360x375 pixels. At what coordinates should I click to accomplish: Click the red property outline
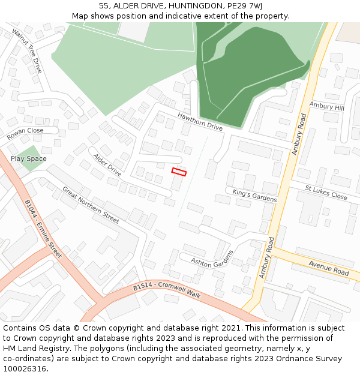coord(179,172)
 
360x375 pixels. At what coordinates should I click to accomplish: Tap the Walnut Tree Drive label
coord(27,50)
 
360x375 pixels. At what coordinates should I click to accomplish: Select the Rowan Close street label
coord(25,134)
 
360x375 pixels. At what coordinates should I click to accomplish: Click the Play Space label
coord(28,159)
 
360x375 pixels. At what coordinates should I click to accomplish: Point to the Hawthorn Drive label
coord(200,121)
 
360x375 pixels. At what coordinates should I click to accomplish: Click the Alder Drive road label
coord(107,164)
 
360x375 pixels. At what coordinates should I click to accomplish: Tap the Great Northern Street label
coord(91,205)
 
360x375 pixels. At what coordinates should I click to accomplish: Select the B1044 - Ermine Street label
coord(43,229)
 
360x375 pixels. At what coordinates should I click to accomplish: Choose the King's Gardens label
coord(254,195)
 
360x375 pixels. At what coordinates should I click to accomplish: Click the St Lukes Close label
coord(326,193)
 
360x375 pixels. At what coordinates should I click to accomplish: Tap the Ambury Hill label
coord(326,106)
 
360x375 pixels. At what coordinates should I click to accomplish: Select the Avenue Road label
coord(328,268)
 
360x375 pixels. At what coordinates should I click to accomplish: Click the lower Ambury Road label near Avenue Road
coord(266,256)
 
